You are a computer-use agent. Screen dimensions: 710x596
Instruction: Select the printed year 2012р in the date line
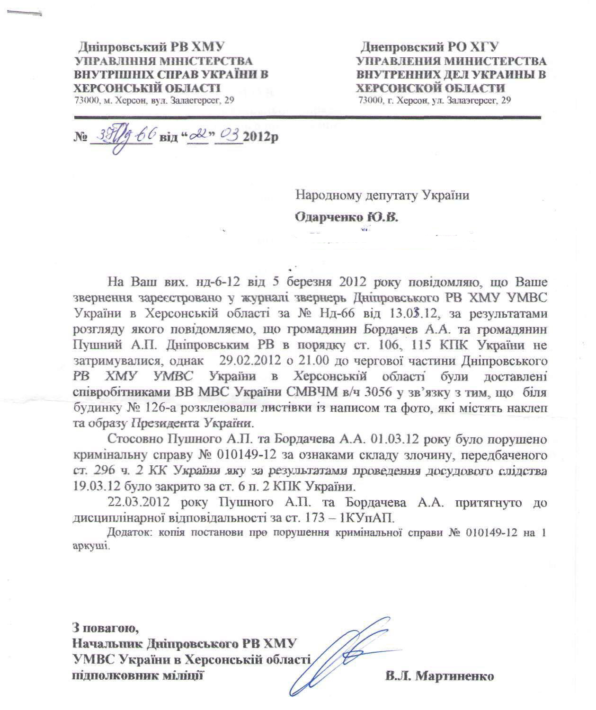[x=259, y=138]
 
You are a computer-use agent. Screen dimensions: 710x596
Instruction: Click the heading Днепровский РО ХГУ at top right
[x=429, y=47]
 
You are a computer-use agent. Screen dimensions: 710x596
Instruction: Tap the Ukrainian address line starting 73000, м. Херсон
[x=154, y=100]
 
